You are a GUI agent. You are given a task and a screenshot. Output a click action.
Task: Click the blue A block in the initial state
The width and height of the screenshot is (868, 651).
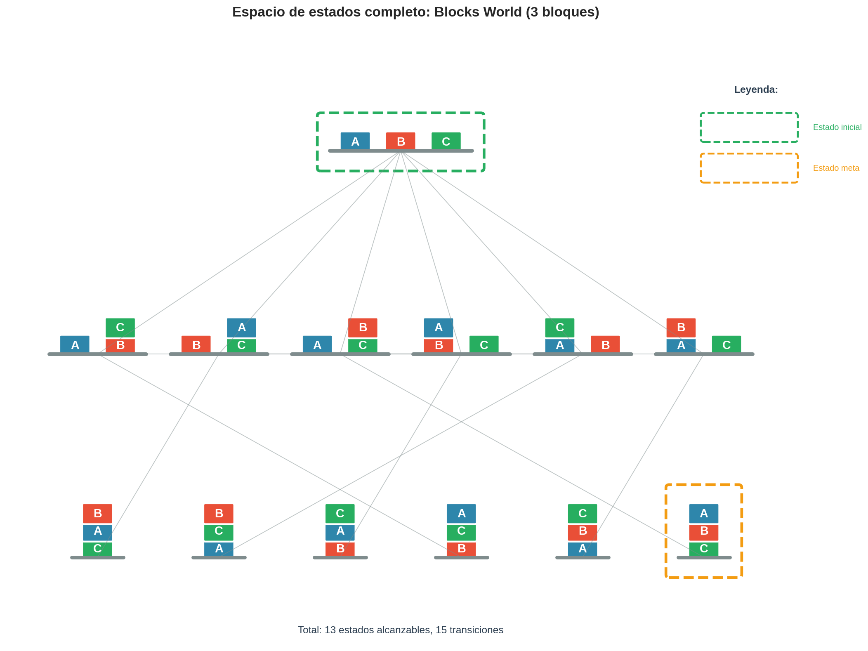355,141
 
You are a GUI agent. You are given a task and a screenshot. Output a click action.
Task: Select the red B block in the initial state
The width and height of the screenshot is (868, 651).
400,141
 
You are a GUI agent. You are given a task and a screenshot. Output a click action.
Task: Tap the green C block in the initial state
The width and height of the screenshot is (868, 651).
446,141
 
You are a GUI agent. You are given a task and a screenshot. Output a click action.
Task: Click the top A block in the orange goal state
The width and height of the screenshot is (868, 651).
703,513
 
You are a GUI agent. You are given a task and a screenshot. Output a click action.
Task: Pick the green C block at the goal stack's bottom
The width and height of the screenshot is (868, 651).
703,549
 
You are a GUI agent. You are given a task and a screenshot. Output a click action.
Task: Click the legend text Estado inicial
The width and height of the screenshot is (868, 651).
837,127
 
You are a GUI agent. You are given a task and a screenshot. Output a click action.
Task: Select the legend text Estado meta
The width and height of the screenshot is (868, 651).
835,168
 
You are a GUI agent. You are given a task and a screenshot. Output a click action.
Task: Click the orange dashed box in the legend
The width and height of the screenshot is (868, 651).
749,168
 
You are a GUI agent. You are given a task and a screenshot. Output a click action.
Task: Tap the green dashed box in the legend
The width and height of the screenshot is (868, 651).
749,127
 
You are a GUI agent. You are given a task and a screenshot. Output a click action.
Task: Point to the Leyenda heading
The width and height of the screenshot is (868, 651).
755,90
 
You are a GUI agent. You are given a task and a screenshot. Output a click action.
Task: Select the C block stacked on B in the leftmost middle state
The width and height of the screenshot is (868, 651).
120,328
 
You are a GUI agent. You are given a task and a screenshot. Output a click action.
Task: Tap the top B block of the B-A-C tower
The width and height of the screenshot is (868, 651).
97,513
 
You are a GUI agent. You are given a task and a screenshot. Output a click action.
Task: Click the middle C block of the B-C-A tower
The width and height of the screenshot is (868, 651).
219,531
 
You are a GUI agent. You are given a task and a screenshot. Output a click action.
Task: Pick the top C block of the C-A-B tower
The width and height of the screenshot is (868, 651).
340,513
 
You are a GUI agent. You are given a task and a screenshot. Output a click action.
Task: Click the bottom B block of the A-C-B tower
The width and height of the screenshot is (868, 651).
461,549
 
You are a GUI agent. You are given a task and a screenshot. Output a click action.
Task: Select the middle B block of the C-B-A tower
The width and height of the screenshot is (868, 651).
582,531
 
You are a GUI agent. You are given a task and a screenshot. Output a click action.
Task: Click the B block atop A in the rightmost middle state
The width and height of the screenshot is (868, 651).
681,328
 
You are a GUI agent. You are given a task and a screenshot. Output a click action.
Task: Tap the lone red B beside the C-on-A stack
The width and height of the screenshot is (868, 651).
605,344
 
